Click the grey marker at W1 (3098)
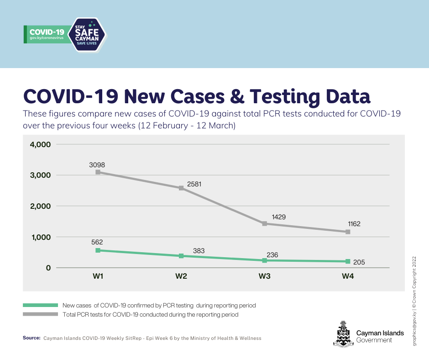point(98,172)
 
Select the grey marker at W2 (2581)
point(181,188)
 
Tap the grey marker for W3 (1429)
point(265,223)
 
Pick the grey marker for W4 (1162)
point(348,232)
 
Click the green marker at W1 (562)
point(98,250)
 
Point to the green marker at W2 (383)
point(181,256)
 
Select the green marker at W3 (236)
point(265,260)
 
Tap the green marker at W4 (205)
point(348,261)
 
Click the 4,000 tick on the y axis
point(40,144)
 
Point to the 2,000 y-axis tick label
point(40,206)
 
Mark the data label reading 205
point(359,262)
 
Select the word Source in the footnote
point(31,338)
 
